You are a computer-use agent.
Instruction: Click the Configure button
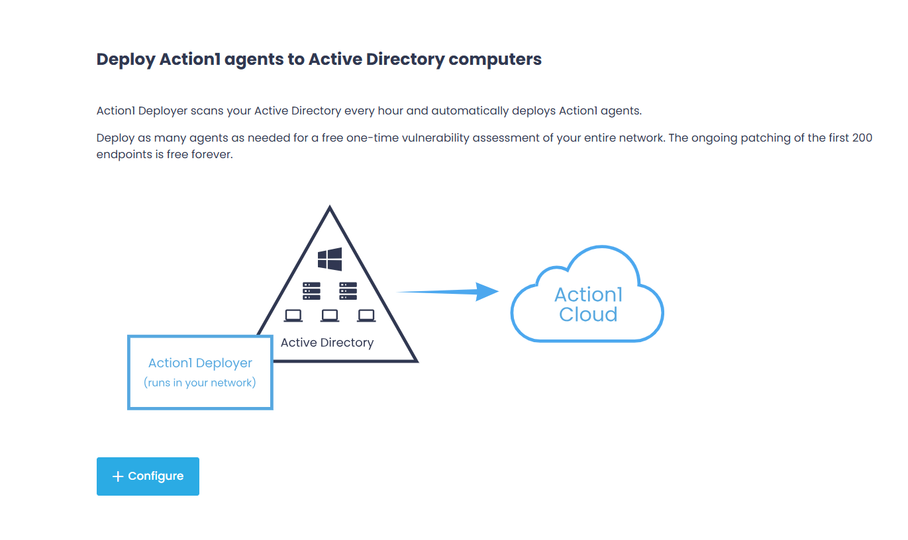click(x=148, y=476)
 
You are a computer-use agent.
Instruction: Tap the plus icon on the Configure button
click(x=118, y=476)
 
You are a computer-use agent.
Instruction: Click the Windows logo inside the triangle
click(x=330, y=259)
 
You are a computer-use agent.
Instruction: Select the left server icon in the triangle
click(x=311, y=291)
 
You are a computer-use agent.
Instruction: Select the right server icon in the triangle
click(x=348, y=291)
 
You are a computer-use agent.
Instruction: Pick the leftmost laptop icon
click(x=293, y=316)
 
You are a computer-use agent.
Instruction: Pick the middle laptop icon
click(x=330, y=316)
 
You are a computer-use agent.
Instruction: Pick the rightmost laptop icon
click(x=366, y=316)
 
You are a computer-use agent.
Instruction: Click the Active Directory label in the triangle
click(x=327, y=343)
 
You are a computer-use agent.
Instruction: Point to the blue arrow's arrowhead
click(x=488, y=291)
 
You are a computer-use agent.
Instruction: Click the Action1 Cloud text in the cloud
click(x=588, y=304)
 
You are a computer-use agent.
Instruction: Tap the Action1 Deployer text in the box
click(x=200, y=363)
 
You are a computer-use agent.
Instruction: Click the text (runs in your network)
click(x=200, y=382)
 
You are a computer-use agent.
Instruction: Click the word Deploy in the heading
click(x=126, y=60)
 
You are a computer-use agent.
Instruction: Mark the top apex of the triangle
click(x=329, y=208)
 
